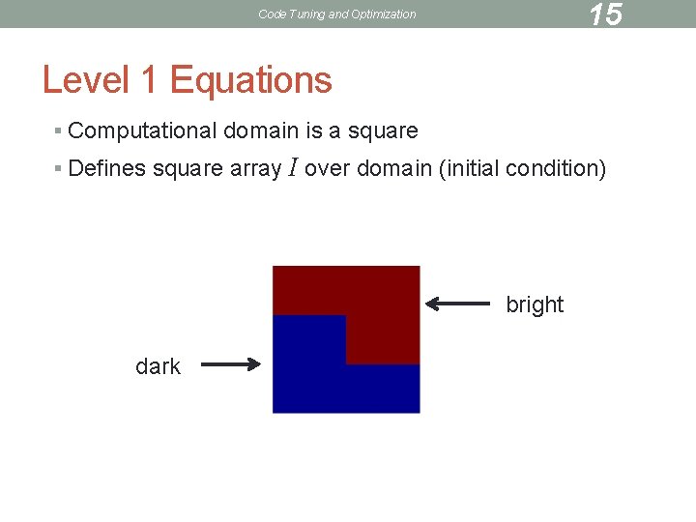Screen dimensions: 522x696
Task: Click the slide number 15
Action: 605,14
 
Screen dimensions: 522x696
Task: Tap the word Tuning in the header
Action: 305,14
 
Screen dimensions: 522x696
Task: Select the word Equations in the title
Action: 251,80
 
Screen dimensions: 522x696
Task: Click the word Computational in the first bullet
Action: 144,130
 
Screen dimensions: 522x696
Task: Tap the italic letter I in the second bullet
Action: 293,169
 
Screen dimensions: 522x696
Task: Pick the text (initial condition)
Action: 522,169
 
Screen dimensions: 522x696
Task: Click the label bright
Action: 535,304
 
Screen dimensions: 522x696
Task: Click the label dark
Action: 158,366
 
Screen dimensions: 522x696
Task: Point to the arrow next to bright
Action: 458,304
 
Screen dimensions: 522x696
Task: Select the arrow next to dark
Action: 232,364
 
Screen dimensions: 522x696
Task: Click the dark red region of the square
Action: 382,300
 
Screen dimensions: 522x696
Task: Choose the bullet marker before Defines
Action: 59,169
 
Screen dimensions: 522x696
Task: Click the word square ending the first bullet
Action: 384,130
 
